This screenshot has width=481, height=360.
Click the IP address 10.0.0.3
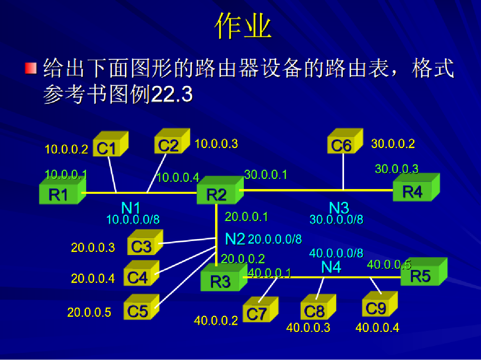click(216, 143)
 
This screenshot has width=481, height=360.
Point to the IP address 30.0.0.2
click(393, 143)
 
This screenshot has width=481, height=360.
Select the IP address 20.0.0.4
click(93, 278)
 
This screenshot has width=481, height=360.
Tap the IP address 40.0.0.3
click(308, 327)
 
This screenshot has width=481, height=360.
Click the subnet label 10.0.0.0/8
click(133, 219)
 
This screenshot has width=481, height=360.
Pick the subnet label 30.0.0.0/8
click(336, 219)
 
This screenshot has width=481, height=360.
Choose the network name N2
click(235, 239)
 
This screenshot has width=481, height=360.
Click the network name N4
click(331, 267)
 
